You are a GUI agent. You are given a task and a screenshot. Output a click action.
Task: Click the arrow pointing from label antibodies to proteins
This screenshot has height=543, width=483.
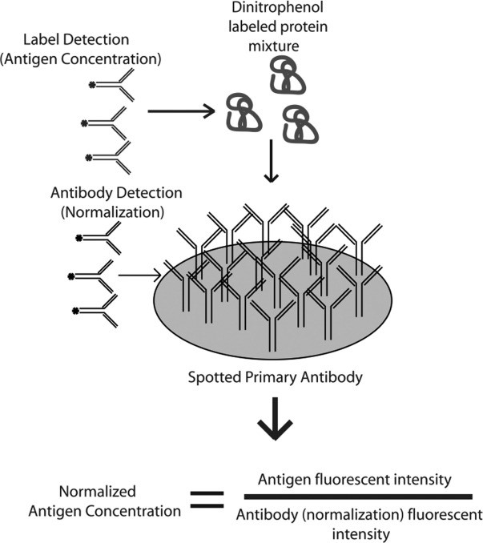coord(183,112)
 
